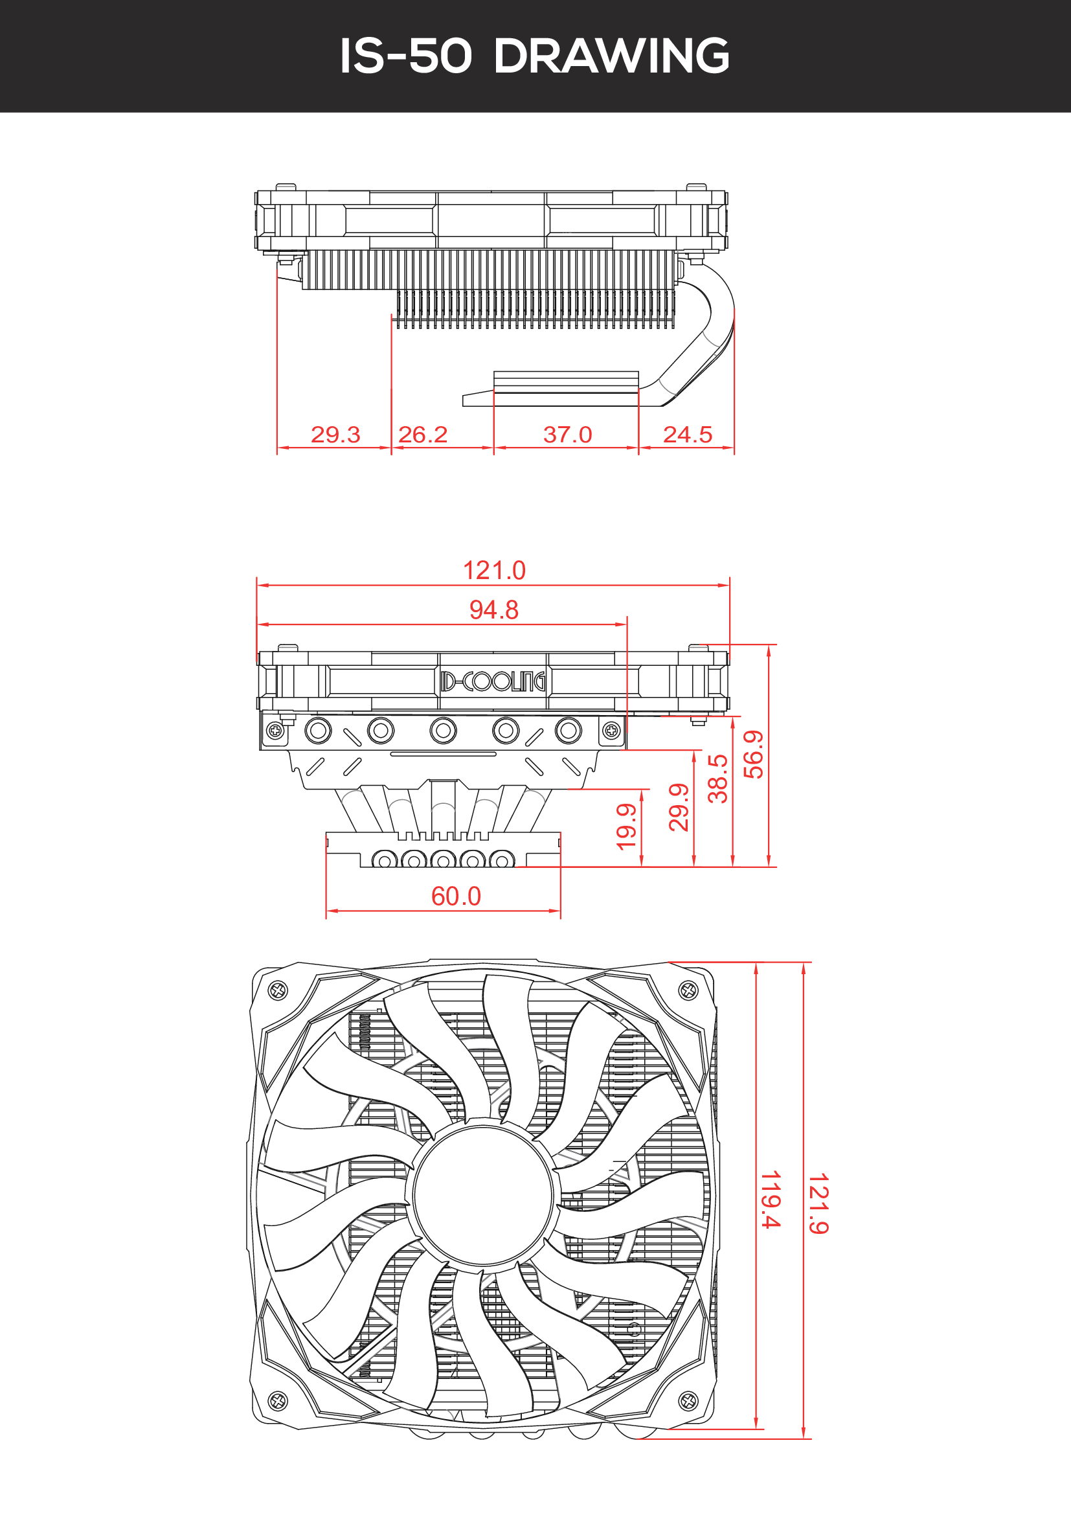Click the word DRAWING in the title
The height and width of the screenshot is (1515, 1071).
[611, 56]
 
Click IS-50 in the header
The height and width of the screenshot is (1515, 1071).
[406, 56]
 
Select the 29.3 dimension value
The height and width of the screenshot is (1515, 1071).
[335, 434]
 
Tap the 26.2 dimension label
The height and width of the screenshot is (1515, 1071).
[423, 434]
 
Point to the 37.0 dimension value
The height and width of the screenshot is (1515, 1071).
[567, 434]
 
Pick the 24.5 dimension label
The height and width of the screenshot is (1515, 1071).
[687, 434]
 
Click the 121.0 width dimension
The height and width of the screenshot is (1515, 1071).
[494, 571]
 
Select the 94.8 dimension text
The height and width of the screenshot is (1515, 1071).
[494, 609]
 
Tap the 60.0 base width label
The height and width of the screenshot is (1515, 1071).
[456, 896]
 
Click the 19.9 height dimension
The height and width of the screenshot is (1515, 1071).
[626, 826]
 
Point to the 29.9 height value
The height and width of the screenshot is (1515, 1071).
[679, 807]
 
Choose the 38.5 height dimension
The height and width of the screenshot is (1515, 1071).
[717, 779]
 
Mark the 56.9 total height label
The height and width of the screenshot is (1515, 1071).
[753, 754]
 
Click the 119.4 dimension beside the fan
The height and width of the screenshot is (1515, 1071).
[771, 1199]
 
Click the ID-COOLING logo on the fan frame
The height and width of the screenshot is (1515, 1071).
[493, 681]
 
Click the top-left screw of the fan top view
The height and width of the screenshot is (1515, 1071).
[278, 990]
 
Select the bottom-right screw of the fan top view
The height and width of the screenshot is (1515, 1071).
[688, 1400]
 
